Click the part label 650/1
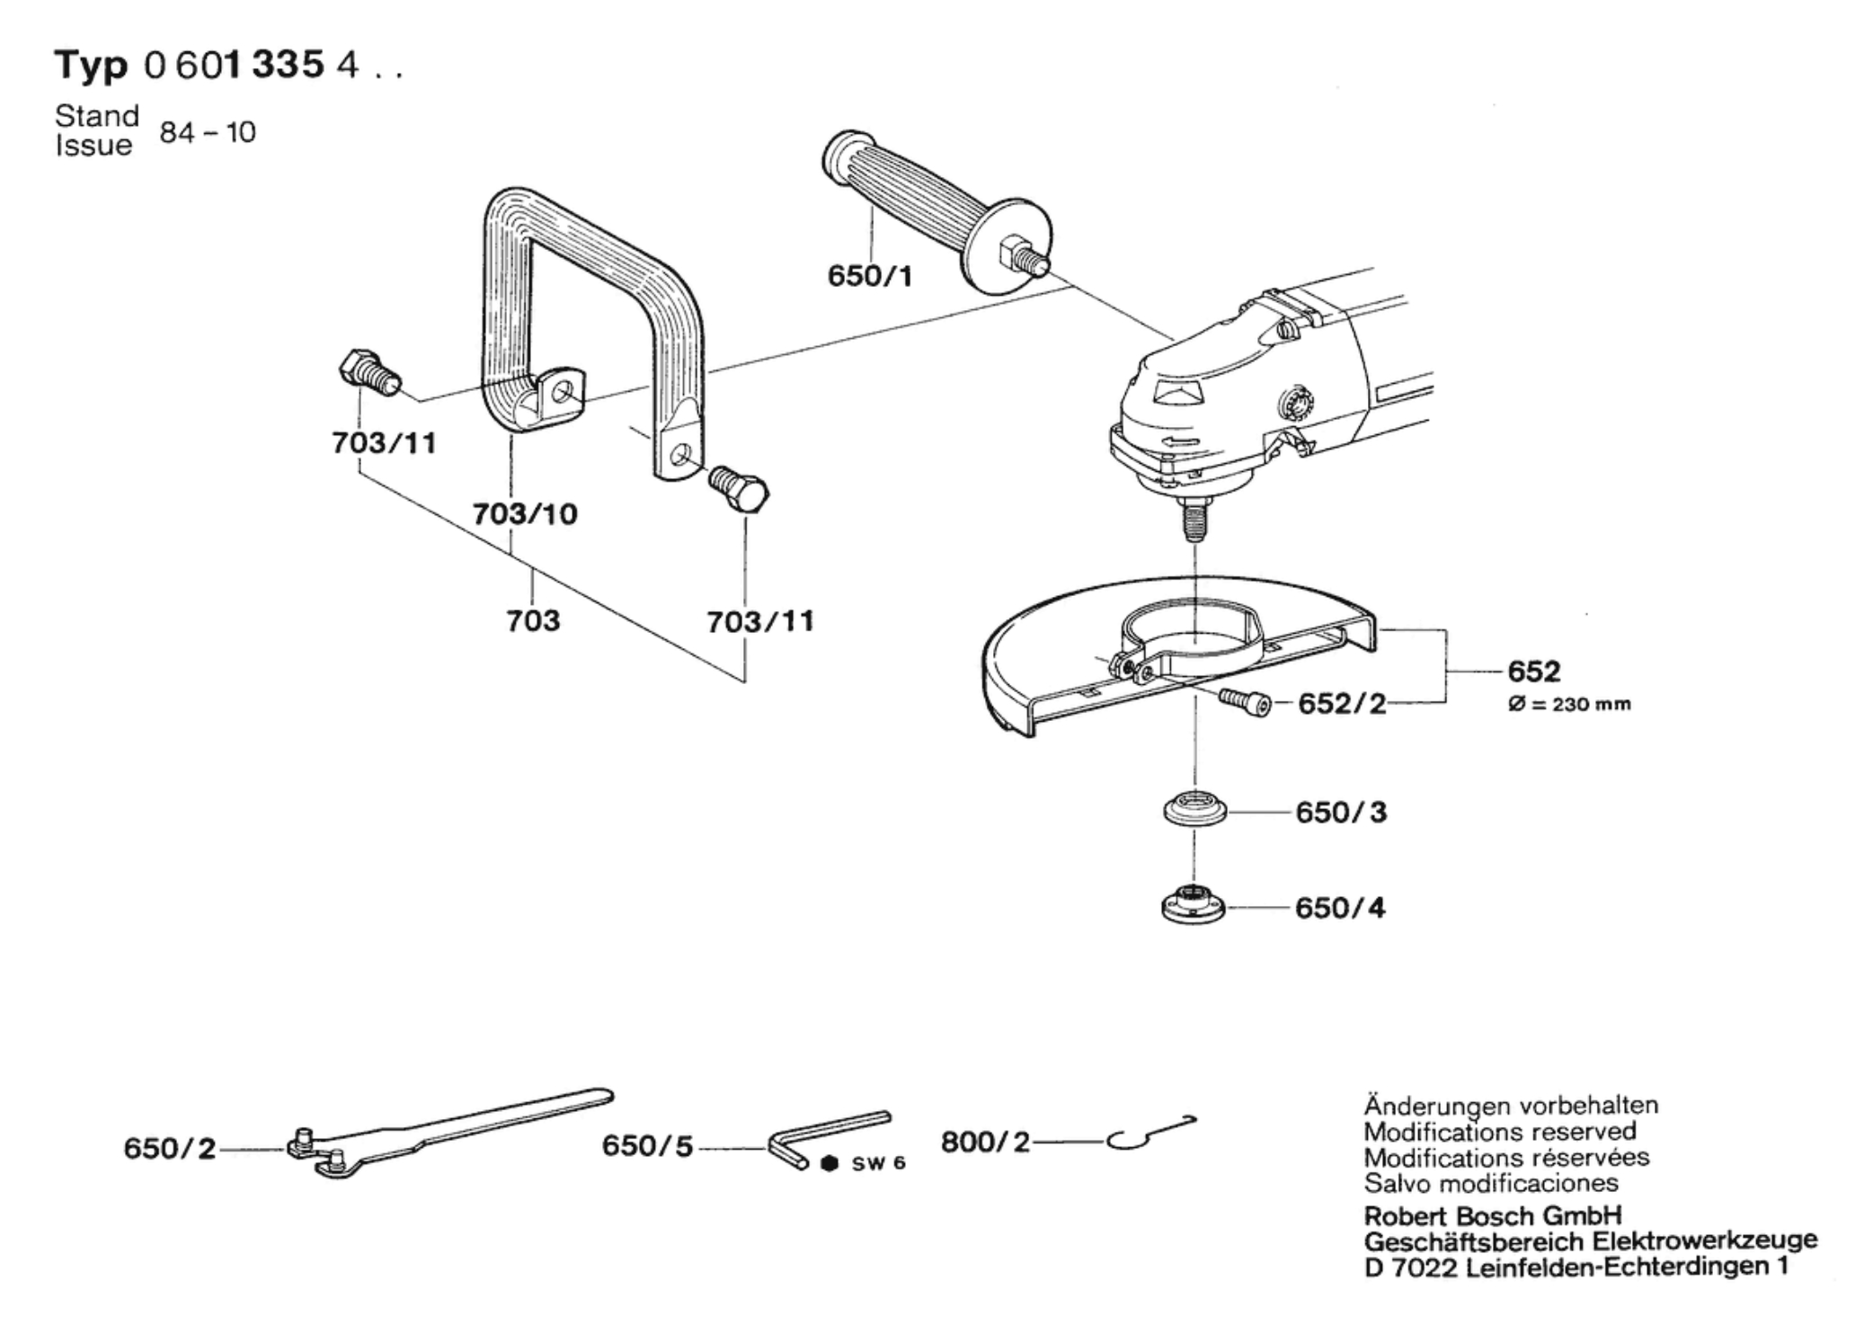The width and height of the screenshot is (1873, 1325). (869, 276)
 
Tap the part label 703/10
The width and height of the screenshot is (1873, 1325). (525, 514)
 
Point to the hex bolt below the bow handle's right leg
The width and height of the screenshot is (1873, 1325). (739, 488)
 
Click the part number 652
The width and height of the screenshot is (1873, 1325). (1534, 671)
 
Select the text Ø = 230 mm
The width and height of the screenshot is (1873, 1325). (1569, 704)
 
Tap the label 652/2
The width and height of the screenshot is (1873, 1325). (1342, 703)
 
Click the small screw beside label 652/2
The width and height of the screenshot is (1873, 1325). (1246, 701)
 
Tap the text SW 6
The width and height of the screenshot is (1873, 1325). (878, 1163)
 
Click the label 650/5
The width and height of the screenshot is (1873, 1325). (647, 1146)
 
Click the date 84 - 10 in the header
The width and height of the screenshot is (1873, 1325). (208, 132)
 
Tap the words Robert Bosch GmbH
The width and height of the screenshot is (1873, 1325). (1493, 1215)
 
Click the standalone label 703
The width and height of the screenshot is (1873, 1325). (533, 620)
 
